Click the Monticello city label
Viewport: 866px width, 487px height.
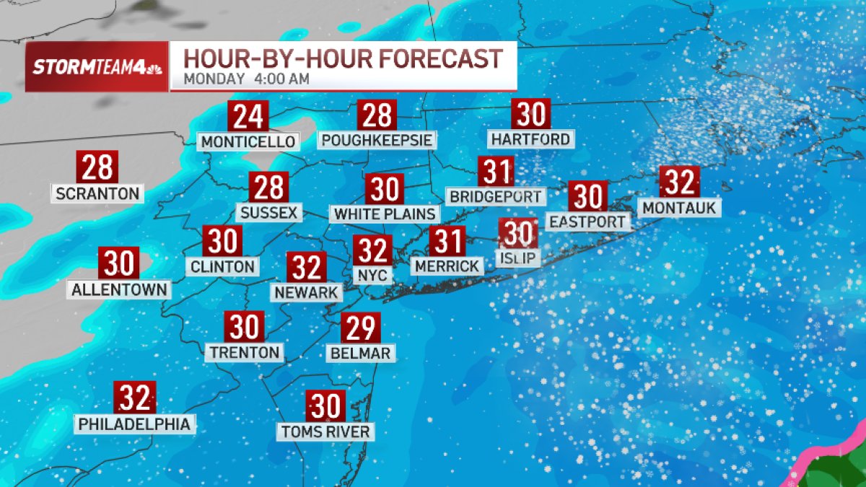click(249, 141)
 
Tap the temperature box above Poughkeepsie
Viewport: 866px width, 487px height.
click(377, 115)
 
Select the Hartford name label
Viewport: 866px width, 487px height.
click(530, 138)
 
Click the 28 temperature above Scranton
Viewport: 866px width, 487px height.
click(97, 167)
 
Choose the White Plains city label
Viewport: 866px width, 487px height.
click(385, 214)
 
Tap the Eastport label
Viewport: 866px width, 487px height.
click(587, 221)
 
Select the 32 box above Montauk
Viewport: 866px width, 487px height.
click(679, 182)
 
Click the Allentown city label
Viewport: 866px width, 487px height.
click(120, 290)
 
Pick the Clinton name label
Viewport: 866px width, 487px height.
click(223, 266)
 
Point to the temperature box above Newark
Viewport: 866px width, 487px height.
click(307, 268)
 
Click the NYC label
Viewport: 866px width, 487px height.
click(373, 275)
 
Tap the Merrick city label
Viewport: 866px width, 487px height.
click(447, 266)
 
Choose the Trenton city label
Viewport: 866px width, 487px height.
click(244, 352)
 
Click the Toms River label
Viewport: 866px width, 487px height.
click(325, 431)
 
